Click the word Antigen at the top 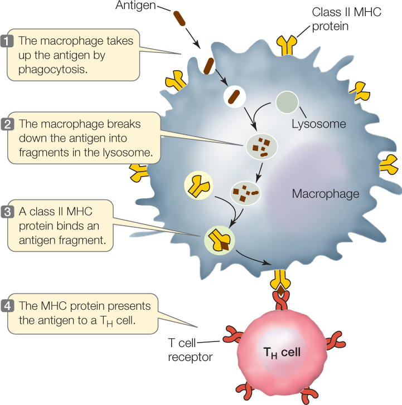[137, 6]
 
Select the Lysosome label [319, 124]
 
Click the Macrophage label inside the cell [326, 194]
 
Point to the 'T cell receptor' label [190, 350]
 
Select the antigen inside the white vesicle [235, 96]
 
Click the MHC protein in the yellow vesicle [198, 186]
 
